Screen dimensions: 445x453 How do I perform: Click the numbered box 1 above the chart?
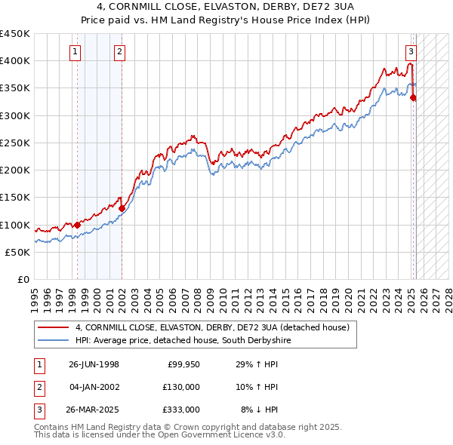76,52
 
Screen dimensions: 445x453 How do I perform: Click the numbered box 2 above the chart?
120,52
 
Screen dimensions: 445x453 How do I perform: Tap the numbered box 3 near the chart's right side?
411,52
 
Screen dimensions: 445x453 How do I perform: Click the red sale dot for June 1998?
78,225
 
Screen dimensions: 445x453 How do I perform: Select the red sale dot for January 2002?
122,208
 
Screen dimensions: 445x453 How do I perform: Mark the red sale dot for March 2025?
413,97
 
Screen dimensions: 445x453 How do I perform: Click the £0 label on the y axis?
23,279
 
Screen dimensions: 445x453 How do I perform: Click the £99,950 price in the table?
183,364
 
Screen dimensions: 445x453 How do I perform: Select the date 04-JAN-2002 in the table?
94,387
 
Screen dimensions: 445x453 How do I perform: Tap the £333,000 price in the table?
182,410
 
